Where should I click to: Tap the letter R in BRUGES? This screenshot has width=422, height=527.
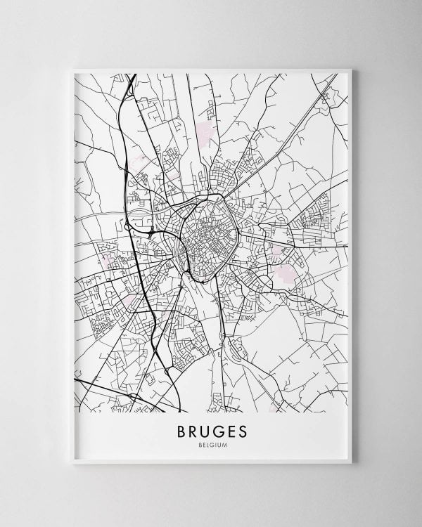coord(188,429)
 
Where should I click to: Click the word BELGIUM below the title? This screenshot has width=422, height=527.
coord(211,443)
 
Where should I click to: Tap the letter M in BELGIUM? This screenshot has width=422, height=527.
coord(225,443)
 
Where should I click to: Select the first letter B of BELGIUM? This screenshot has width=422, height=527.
coord(198,443)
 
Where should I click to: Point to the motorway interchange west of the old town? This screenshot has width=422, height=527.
coord(151,228)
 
